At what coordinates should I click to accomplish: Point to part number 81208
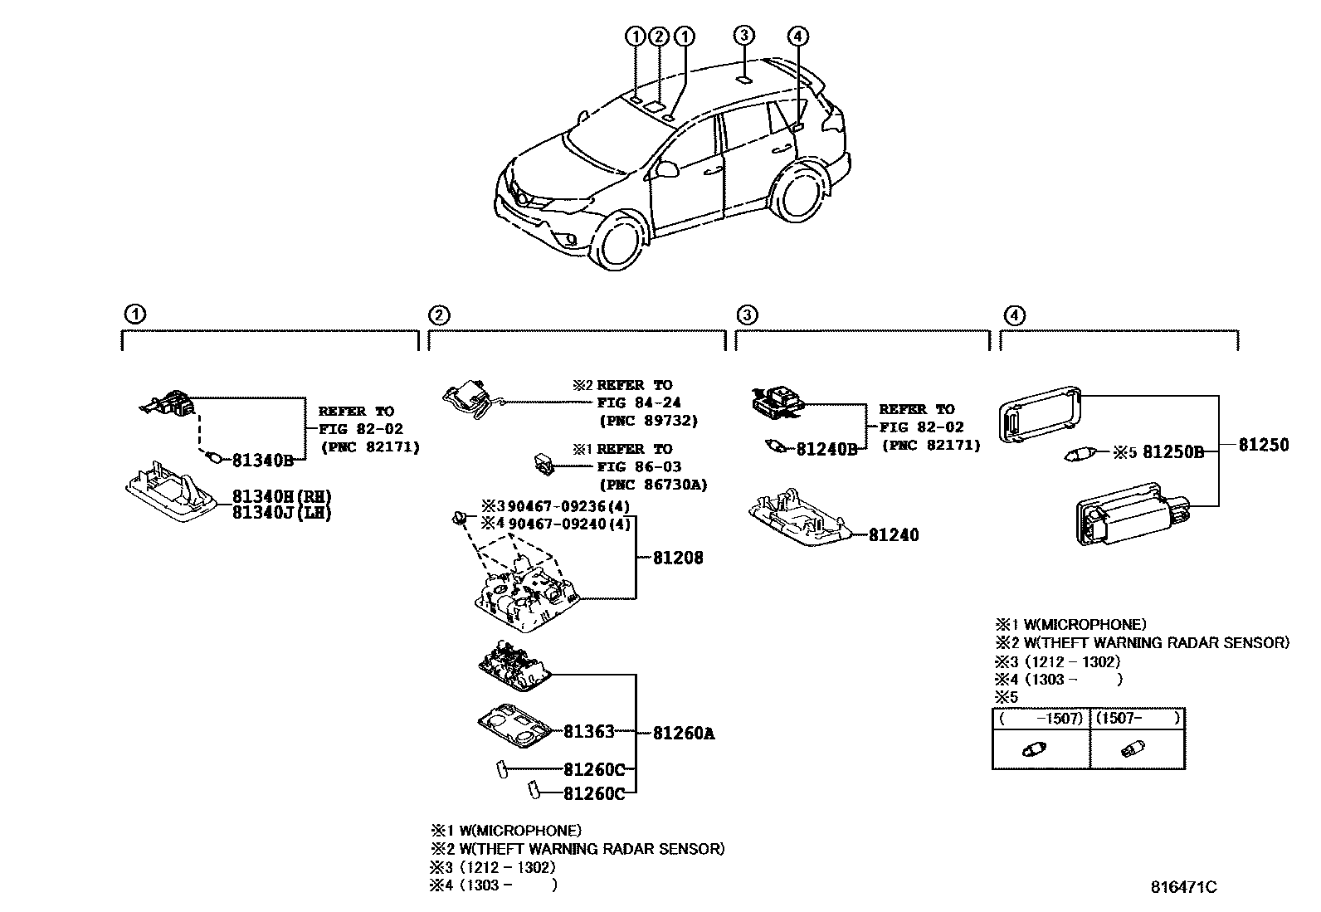pos(678,558)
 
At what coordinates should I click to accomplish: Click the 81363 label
pos(589,732)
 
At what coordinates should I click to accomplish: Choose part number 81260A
pos(684,734)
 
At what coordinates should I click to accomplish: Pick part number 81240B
pos(826,449)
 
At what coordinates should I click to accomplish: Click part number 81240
pos(894,535)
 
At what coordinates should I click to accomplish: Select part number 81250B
pos(1173,452)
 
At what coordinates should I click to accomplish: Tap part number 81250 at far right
pos(1264,445)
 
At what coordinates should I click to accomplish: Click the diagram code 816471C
pos(1183,887)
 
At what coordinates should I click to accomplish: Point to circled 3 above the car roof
pos(744,35)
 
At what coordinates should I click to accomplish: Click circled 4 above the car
pos(797,36)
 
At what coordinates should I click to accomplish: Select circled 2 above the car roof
pos(659,36)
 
